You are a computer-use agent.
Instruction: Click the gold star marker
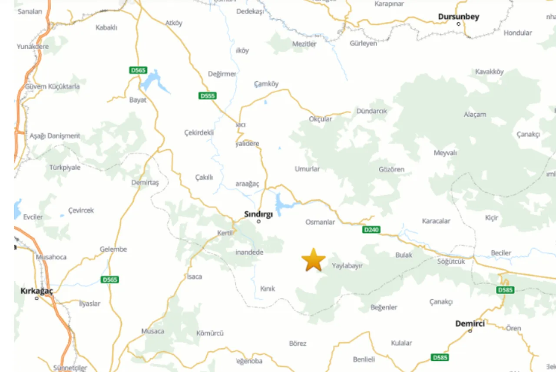click(313, 260)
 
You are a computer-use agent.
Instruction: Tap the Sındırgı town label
click(258, 214)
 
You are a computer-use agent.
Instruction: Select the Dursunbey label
click(458, 17)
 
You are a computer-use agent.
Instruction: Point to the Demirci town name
click(470, 323)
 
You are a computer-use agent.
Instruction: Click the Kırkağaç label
click(36, 291)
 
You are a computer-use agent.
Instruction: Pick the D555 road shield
click(208, 96)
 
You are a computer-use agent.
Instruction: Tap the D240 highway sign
click(371, 229)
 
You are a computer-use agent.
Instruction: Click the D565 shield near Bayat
click(138, 70)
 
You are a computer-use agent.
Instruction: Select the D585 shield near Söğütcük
click(505, 290)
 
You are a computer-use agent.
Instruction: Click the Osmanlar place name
click(320, 222)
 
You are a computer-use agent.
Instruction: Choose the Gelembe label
click(113, 249)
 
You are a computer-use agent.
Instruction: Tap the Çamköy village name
click(266, 84)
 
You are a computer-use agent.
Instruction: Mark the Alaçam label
click(475, 115)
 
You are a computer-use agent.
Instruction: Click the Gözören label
click(391, 170)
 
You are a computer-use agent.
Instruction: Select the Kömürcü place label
click(210, 333)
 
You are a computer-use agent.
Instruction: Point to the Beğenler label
click(384, 307)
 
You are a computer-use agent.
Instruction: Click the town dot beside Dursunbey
click(458, 24)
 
